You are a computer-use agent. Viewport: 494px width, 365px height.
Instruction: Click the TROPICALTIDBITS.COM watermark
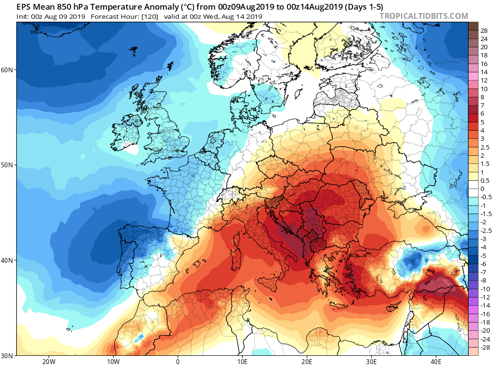coord(424,16)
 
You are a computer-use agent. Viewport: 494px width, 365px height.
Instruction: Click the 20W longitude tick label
coord(48,361)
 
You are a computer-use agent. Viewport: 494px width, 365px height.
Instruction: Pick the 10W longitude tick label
coord(113,361)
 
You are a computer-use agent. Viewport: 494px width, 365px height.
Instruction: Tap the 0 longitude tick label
coord(178,361)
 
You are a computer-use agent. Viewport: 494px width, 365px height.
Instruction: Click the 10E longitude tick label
coord(242,361)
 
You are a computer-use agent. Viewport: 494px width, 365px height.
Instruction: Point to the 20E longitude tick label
coord(307,361)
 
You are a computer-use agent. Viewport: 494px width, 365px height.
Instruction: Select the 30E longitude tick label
coord(371,361)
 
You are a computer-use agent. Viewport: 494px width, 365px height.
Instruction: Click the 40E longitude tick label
coord(436,361)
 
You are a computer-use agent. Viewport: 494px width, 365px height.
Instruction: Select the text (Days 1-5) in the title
coord(362,7)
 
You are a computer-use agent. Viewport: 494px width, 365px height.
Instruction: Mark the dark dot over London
coord(178,151)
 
